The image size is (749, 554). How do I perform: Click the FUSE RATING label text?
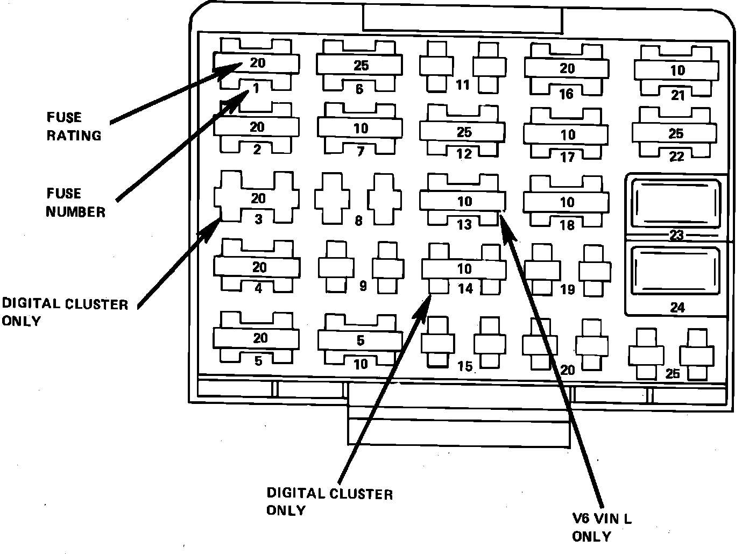[x=74, y=126]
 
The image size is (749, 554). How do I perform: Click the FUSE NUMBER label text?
[x=75, y=202]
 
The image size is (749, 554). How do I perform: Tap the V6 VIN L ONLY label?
[x=602, y=528]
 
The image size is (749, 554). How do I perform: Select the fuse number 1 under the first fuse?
[x=256, y=88]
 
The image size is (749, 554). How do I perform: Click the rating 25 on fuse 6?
[x=361, y=66]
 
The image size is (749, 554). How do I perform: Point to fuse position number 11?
[x=463, y=84]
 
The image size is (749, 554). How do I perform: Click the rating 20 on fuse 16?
[x=567, y=69]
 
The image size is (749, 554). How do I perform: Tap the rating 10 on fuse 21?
[x=677, y=70]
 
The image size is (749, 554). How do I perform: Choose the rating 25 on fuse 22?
[x=676, y=133]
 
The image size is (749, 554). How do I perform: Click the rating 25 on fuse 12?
[x=464, y=132]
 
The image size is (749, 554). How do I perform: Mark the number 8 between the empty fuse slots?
[x=358, y=221]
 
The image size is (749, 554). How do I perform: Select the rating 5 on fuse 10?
[x=361, y=340]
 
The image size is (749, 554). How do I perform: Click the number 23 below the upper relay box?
[x=676, y=235]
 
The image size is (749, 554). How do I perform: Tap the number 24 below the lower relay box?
[x=677, y=308]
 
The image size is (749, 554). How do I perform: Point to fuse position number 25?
[x=673, y=373]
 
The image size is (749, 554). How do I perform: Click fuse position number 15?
[x=465, y=366]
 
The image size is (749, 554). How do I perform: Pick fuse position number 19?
[x=568, y=290]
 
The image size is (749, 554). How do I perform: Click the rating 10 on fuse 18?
[x=567, y=202]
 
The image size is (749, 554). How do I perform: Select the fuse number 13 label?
[x=464, y=224]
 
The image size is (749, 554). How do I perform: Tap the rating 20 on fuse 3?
[x=258, y=198]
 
